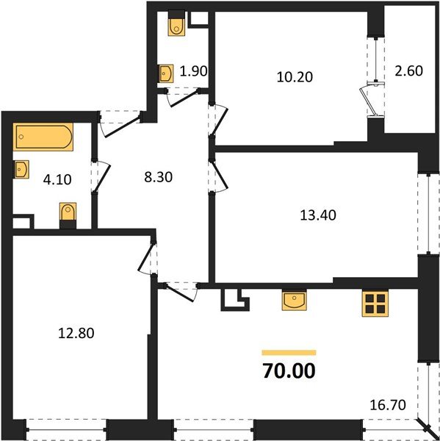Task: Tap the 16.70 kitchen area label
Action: pos(387,404)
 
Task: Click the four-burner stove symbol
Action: pos(374,304)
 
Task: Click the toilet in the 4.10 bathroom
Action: pos(68,215)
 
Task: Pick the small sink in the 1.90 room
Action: pos(165,73)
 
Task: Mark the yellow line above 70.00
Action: pos(289,353)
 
